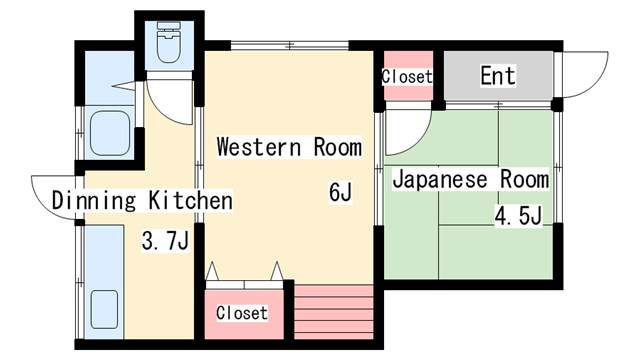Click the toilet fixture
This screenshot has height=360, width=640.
[169, 42]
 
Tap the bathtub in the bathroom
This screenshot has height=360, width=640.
[110, 133]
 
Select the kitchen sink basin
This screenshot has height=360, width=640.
[104, 309]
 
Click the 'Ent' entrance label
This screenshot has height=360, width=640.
[498, 76]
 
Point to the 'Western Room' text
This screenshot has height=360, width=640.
[289, 147]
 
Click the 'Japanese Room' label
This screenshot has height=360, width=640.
[470, 180]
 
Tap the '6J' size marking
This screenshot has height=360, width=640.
[340, 192]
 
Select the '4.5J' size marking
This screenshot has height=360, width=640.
[518, 216]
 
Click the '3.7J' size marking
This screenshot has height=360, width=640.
[165, 240]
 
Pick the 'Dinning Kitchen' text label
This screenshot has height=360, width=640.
[142, 200]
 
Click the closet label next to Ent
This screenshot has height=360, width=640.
[407, 76]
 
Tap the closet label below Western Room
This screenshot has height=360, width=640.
[242, 313]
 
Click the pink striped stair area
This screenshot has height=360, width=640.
[333, 312]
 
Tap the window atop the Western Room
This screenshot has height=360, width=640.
[289, 45]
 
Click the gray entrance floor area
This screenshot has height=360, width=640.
[498, 76]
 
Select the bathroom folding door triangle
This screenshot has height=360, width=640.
[124, 86]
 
